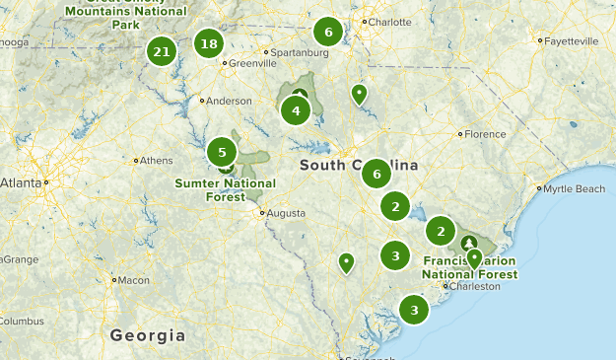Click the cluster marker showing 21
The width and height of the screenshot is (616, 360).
point(163,51)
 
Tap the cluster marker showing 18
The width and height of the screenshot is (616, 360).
point(208,43)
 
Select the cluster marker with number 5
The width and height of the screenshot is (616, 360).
point(222,152)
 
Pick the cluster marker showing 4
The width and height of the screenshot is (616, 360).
point(296,110)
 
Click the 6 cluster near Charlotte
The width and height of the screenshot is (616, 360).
point(328,32)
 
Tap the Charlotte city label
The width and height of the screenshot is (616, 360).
point(388,22)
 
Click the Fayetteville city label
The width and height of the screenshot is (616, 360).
point(571,41)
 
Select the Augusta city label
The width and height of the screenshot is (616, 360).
point(285,212)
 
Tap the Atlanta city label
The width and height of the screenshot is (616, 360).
point(20,182)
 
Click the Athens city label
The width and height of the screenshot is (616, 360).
point(157,161)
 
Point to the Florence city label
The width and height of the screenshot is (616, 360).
point(485,133)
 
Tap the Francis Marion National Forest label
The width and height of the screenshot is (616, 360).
point(469,267)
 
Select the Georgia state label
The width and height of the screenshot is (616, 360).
point(148,335)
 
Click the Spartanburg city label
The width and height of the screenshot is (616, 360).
point(300,52)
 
